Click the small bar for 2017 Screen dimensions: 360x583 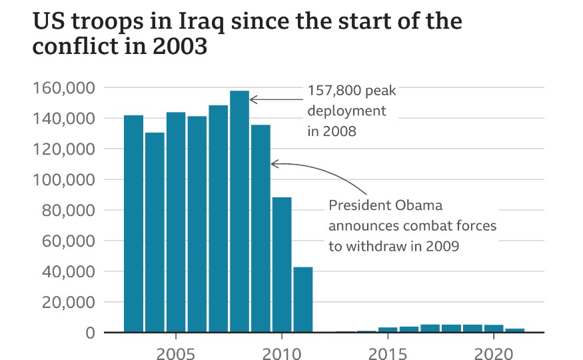point(430,328)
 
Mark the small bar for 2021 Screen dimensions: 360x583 point(514,330)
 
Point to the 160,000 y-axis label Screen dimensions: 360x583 point(65,88)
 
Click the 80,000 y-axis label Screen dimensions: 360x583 point(69,211)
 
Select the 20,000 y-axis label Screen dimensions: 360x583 point(69,302)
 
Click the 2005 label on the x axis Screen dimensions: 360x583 point(175,351)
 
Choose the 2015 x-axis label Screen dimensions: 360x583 point(388,351)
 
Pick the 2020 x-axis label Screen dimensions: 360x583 point(493,351)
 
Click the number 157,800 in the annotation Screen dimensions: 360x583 point(332,91)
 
